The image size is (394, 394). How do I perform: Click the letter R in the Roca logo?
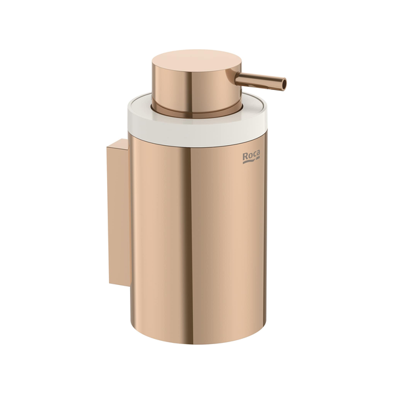[x=245, y=156]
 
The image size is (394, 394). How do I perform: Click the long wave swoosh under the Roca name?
[x=250, y=162]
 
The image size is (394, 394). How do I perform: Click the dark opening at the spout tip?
[x=284, y=84]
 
